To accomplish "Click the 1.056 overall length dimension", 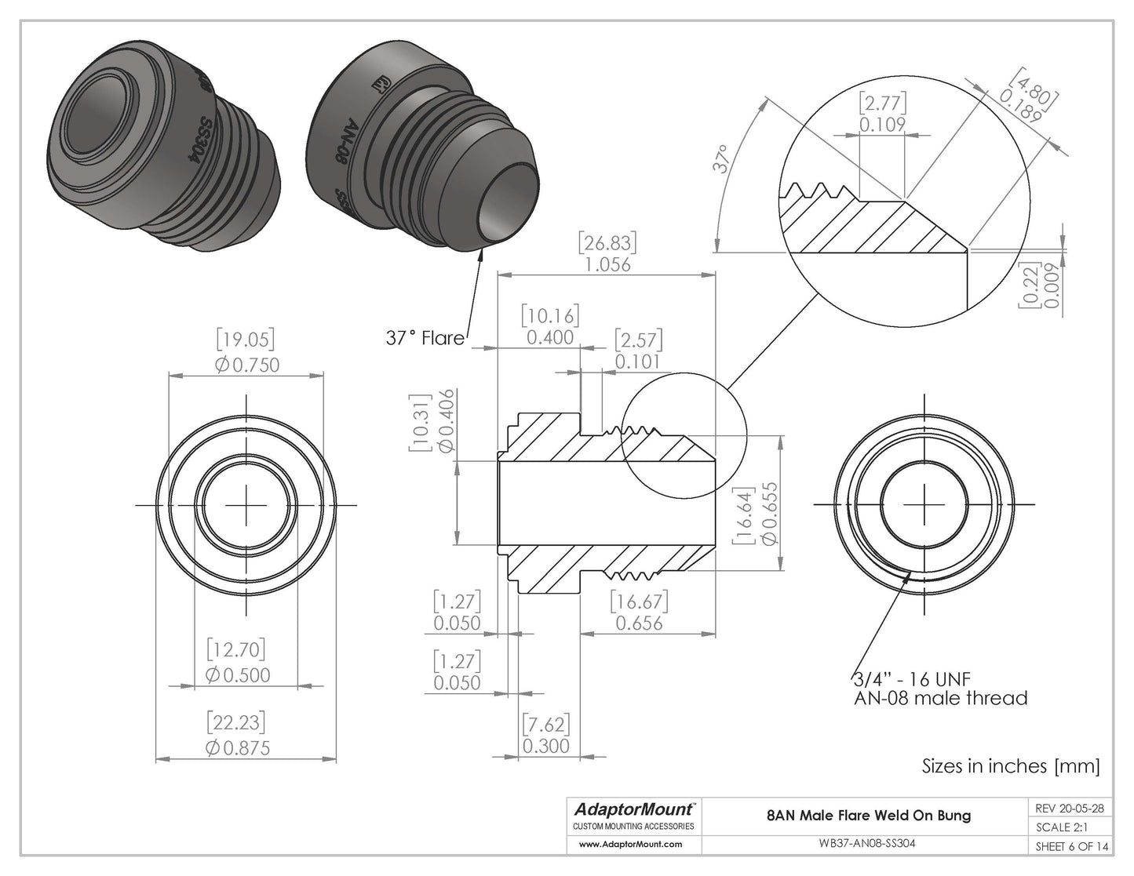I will click(607, 264).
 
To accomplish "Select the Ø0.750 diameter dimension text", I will click(246, 365).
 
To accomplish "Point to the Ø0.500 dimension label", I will click(237, 675).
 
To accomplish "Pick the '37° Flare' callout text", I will click(425, 338).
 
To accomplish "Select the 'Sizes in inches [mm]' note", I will click(1010, 766).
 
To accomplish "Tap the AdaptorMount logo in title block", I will click(633, 809).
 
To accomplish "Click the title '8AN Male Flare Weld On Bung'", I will click(868, 815).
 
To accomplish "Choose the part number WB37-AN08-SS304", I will click(868, 845).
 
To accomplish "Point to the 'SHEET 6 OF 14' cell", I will click(1070, 845).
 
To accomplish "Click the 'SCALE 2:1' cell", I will click(1063, 827).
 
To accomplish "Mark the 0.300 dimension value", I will click(545, 745).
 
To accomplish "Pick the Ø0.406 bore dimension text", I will click(447, 421).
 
